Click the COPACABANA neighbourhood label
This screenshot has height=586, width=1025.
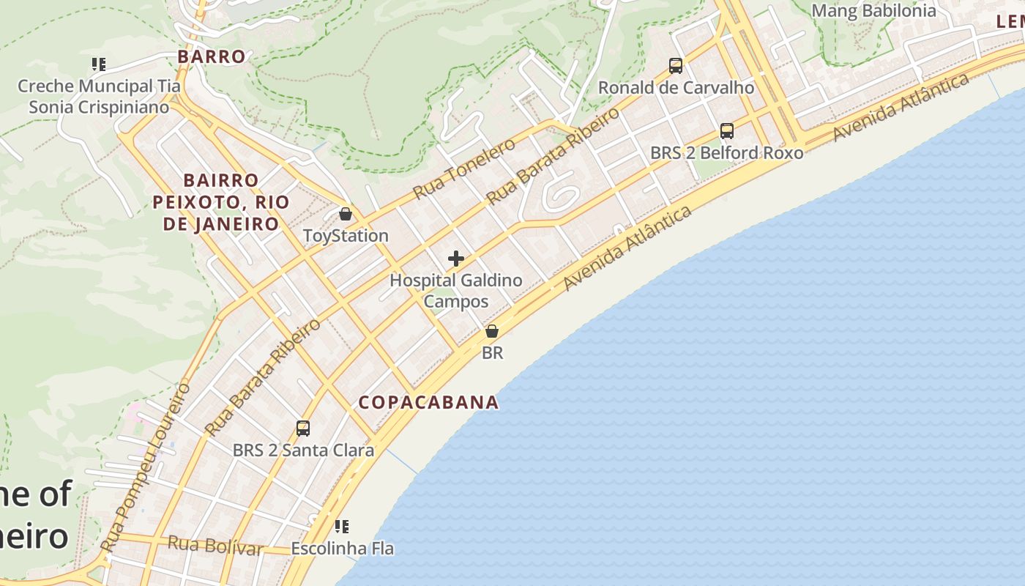click(x=428, y=402)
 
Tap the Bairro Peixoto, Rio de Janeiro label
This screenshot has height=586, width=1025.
click(x=221, y=201)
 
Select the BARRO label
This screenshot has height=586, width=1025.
click(x=212, y=56)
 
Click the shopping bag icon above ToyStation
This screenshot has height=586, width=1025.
click(x=346, y=215)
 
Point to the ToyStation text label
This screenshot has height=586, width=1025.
click(x=346, y=236)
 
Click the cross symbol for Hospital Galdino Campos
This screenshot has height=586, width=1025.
click(x=456, y=259)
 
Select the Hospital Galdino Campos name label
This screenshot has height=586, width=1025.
click(x=456, y=291)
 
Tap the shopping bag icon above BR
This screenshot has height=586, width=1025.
click(x=492, y=331)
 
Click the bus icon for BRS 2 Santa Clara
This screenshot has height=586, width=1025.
click(x=303, y=429)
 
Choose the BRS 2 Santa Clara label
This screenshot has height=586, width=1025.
click(x=303, y=450)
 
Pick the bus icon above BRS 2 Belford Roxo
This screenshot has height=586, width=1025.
click(x=727, y=131)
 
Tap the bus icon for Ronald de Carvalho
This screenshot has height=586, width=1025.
click(x=676, y=66)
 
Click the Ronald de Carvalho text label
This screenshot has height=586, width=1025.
click(x=676, y=88)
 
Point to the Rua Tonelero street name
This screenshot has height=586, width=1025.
click(x=464, y=168)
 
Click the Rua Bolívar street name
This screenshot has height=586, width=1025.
click(x=215, y=545)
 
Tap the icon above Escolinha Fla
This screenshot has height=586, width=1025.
click(x=342, y=527)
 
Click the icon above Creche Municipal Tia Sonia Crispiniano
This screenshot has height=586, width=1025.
click(x=99, y=64)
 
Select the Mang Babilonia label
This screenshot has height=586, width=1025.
click(x=873, y=10)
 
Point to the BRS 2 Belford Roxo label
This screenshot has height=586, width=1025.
click(x=727, y=153)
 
